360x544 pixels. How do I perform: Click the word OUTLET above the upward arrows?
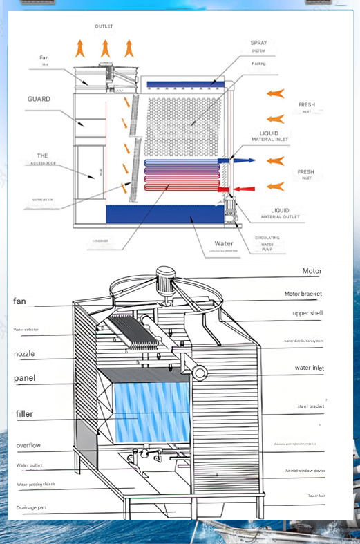[104, 26]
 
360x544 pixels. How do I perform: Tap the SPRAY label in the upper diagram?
[258, 44]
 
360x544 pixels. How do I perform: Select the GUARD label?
[39, 99]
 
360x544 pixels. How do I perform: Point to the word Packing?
[258, 64]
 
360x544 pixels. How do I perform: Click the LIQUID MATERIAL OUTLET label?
[280, 212]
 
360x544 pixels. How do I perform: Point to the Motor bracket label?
[303, 294]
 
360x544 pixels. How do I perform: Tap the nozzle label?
[24, 354]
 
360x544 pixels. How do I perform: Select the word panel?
[24, 379]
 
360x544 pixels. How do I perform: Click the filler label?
[24, 414]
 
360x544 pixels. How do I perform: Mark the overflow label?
[28, 446]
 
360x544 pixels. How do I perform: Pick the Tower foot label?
[316, 496]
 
